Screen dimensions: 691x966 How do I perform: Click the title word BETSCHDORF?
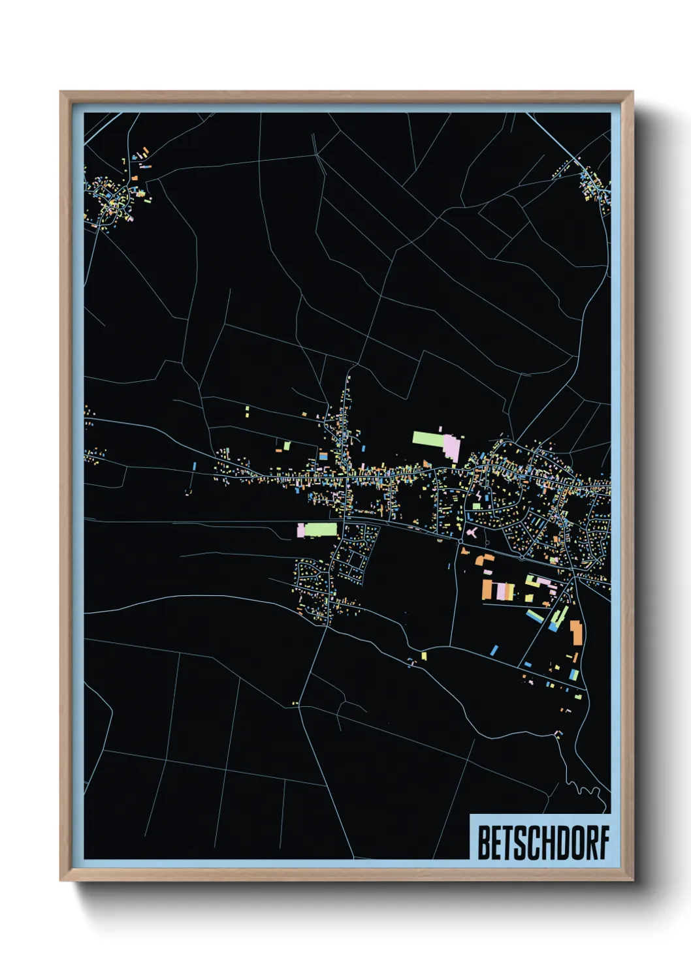click(x=543, y=843)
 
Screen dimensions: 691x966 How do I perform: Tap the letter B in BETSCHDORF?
click(x=485, y=843)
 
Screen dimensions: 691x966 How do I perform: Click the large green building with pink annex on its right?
click(x=428, y=438)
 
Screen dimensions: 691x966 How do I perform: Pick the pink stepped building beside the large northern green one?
click(x=452, y=447)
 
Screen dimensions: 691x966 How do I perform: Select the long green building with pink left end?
click(x=318, y=529)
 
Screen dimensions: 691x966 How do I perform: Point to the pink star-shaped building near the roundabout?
click(x=472, y=533)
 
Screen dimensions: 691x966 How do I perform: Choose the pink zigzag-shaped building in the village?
click(x=481, y=497)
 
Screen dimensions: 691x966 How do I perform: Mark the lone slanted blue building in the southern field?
click(x=494, y=649)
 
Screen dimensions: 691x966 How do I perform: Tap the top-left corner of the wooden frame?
click(x=61, y=93)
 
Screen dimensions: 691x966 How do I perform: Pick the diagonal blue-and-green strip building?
click(x=536, y=615)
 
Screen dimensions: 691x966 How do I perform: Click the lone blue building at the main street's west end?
click(x=195, y=466)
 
